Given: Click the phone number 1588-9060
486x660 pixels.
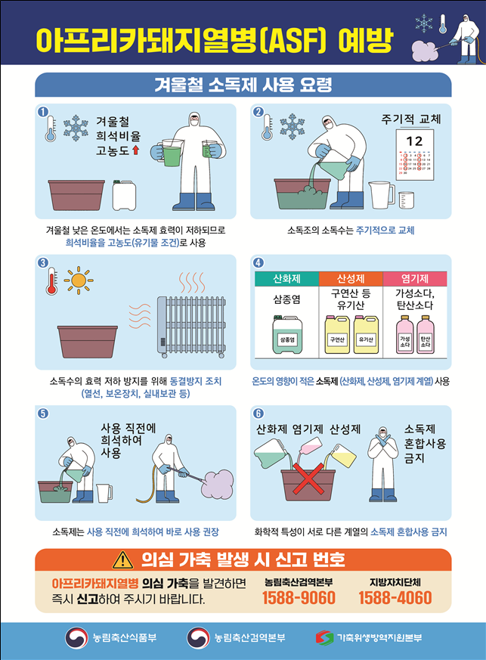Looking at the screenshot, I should point(299,598).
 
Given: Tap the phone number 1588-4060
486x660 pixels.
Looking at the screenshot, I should point(395,598).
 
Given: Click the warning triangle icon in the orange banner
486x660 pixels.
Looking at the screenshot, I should point(121,560).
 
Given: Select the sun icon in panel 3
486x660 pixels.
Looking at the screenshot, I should point(78,280).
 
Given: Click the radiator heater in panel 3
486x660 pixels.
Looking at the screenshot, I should point(191,325).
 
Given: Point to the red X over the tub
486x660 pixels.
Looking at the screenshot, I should point(308,479).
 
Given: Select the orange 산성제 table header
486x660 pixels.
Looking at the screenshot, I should point(350,279).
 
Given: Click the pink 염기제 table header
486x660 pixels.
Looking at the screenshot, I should point(415,279).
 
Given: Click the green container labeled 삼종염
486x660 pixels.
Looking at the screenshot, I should point(286,337).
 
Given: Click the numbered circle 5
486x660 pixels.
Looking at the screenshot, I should point(42,414).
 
